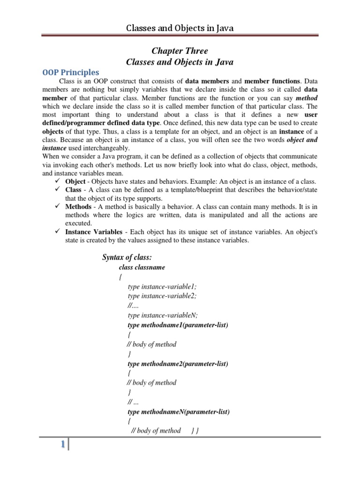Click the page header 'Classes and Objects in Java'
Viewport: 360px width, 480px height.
click(180, 29)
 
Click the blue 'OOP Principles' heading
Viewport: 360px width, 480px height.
click(71, 72)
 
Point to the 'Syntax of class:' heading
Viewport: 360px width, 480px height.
click(127, 257)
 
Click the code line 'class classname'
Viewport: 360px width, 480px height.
click(142, 267)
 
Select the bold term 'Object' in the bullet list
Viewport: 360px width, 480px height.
click(75, 181)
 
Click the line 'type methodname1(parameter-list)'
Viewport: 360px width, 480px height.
click(178, 324)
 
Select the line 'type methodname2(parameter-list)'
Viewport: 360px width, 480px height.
click(178, 363)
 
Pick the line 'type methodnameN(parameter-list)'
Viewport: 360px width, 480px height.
click(179, 412)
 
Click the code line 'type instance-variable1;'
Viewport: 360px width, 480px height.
click(162, 286)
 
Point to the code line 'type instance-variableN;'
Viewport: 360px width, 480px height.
click(163, 315)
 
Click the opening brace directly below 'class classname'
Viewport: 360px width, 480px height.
click(120, 277)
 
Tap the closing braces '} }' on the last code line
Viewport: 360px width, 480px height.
click(195, 430)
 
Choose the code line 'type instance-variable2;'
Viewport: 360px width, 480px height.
click(162, 296)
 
